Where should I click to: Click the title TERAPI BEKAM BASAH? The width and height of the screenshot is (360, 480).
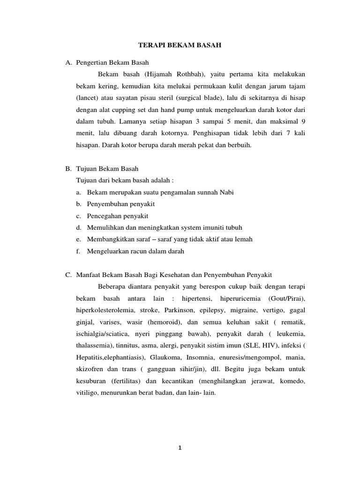[180, 45]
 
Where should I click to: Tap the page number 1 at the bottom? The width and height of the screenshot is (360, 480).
[180, 447]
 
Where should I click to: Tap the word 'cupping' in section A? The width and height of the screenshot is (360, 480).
[128, 111]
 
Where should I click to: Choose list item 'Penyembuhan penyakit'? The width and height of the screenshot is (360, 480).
[121, 204]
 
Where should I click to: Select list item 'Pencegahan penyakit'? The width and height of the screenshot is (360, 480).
[118, 216]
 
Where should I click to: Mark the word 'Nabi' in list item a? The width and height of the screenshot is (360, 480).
[227, 193]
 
